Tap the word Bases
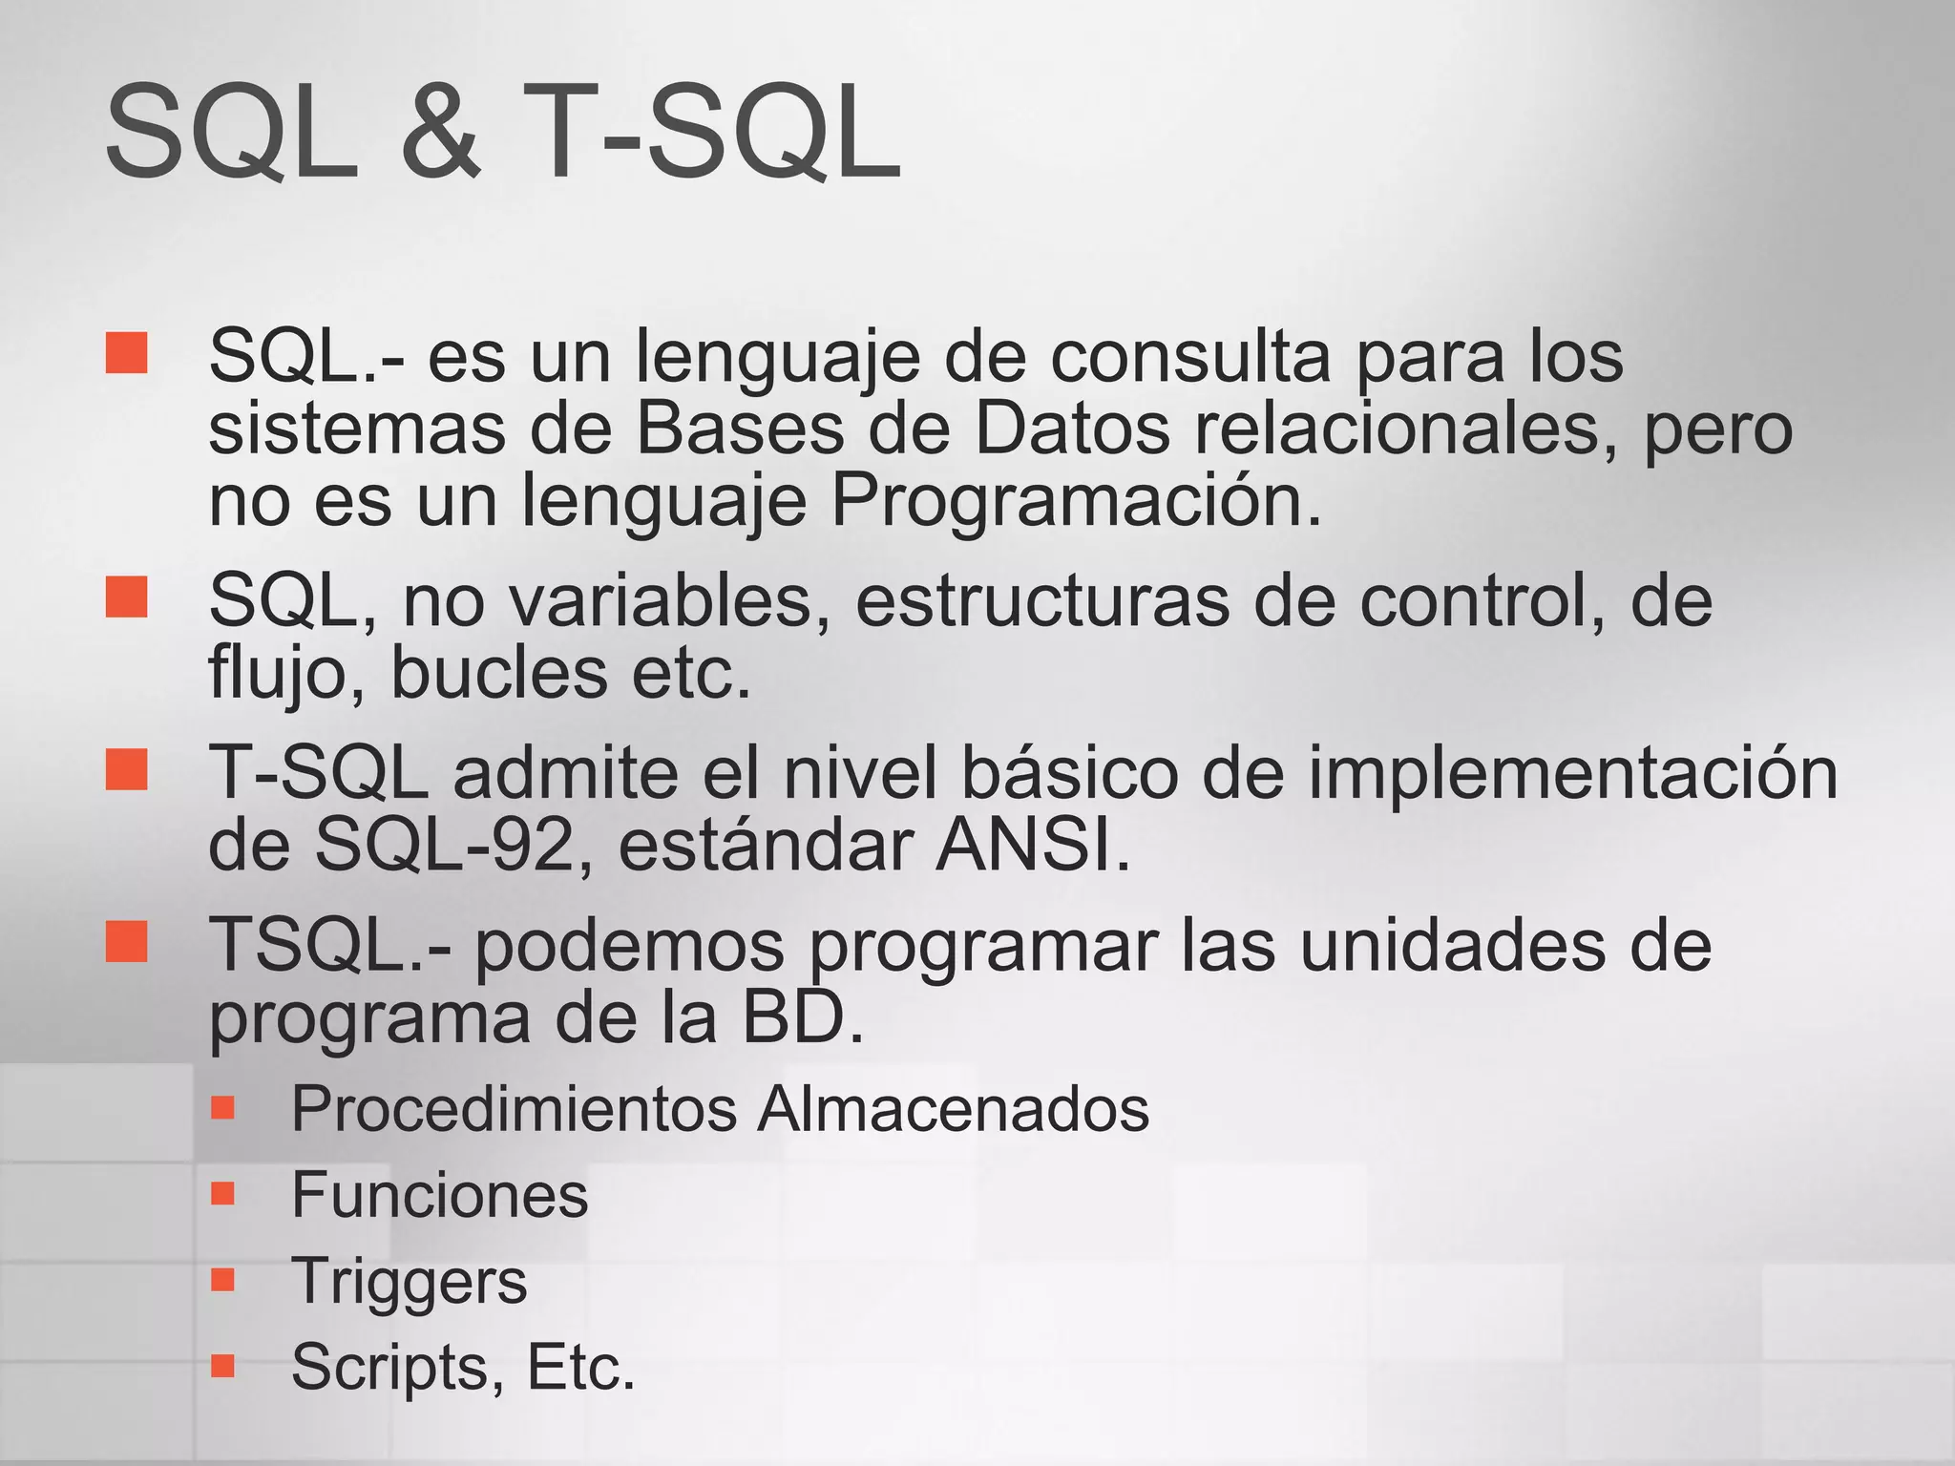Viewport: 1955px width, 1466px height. [x=740, y=429]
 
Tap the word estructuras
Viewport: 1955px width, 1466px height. [x=1041, y=600]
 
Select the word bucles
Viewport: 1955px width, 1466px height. [x=498, y=673]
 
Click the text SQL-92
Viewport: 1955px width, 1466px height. [x=444, y=845]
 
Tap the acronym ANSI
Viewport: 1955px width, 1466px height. [x=1031, y=845]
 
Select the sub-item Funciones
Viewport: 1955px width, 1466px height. [x=439, y=1194]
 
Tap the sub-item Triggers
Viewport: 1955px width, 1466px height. [x=409, y=1281]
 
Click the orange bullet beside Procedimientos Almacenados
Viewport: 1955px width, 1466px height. [x=222, y=1107]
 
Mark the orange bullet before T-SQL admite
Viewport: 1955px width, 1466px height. [x=127, y=769]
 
